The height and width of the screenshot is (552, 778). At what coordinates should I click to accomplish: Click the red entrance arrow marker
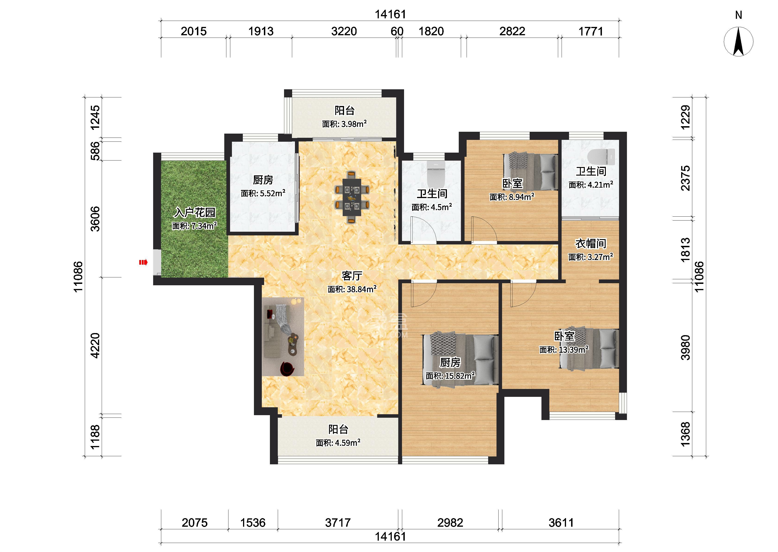coord(143,262)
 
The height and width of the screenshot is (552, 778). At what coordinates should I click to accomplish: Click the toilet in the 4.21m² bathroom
coord(601,157)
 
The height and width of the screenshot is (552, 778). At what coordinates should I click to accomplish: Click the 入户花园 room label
coord(195,212)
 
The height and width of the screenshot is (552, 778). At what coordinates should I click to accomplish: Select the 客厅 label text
coord(352,276)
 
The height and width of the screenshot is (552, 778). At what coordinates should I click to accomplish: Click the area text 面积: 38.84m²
coord(352,289)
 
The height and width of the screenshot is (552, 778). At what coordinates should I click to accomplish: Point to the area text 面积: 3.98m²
coord(344,124)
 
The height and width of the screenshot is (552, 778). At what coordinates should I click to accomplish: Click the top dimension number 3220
coord(344,31)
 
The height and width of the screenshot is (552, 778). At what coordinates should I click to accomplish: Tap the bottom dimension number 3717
coord(338,522)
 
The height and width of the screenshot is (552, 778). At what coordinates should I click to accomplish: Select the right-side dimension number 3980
coord(685,347)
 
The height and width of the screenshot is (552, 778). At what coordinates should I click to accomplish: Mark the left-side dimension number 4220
coord(96,345)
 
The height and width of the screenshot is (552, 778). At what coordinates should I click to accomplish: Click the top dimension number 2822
coord(512,31)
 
